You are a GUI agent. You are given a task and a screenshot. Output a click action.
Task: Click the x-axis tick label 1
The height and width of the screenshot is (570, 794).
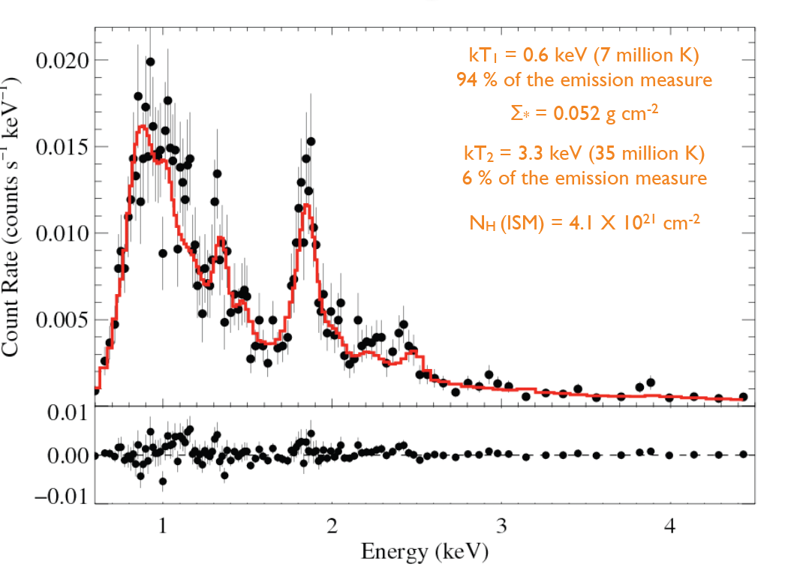coord(163,525)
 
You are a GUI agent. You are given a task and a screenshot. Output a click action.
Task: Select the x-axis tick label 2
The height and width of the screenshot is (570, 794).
coord(332,525)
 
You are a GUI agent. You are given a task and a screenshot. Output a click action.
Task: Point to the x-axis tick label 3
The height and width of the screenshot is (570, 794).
coord(501,525)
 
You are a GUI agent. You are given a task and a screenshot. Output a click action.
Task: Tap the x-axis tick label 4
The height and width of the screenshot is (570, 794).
coord(670,525)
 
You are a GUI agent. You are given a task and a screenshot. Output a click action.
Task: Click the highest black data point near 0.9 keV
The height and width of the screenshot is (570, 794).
coord(150,61)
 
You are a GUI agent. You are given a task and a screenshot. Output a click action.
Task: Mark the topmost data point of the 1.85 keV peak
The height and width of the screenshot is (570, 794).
coord(310,141)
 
